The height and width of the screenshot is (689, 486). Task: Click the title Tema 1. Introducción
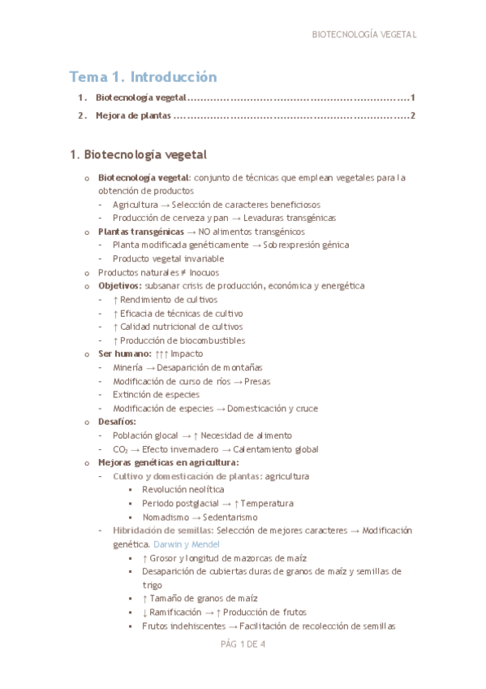click(x=143, y=77)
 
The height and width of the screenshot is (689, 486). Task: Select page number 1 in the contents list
click(x=413, y=98)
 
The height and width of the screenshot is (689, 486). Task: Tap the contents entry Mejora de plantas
click(x=133, y=116)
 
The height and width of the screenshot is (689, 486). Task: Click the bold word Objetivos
click(x=119, y=286)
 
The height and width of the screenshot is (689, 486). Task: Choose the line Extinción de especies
click(x=156, y=395)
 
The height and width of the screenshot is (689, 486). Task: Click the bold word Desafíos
click(x=117, y=422)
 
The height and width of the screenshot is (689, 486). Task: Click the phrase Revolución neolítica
click(x=183, y=490)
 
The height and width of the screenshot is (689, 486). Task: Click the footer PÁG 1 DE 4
click(x=243, y=644)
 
